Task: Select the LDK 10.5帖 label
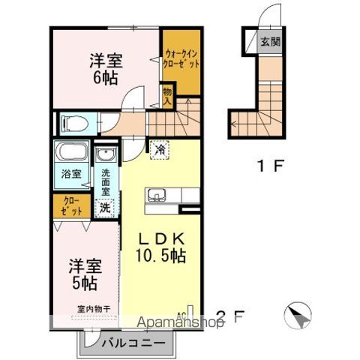pos(160,247)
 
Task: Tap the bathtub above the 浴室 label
pos(70,155)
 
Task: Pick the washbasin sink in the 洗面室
pos(104,155)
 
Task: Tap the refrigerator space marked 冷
pos(159,149)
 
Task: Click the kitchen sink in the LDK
pos(157,196)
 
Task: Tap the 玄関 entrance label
pos(270,41)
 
